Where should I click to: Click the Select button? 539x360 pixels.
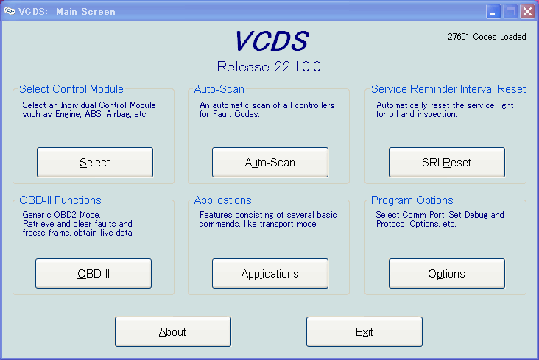pyautogui.click(x=95, y=162)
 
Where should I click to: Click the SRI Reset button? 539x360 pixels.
pyautogui.click(x=447, y=162)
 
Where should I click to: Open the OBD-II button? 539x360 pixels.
pyautogui.click(x=94, y=273)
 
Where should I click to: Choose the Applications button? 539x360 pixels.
pyautogui.click(x=270, y=273)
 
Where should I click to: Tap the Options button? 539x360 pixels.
pyautogui.click(x=447, y=273)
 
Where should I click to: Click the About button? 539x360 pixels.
pyautogui.click(x=173, y=331)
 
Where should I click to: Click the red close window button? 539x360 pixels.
pyautogui.click(x=527, y=11)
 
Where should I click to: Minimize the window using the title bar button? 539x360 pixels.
pyautogui.click(x=493, y=11)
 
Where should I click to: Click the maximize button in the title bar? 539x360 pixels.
pyautogui.click(x=510, y=11)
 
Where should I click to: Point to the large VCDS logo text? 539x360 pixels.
pyautogui.click(x=272, y=41)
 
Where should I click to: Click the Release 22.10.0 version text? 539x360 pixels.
pyautogui.click(x=269, y=67)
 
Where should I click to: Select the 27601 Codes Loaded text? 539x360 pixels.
pyautogui.click(x=487, y=37)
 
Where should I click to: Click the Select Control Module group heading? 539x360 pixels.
pyautogui.click(x=71, y=89)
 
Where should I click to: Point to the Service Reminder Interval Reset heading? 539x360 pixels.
pyautogui.click(x=448, y=89)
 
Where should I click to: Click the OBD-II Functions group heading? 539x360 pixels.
pyautogui.click(x=60, y=200)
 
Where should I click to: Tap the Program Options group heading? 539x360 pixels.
pyautogui.click(x=412, y=200)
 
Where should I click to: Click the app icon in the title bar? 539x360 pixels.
pyautogui.click(x=10, y=11)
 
